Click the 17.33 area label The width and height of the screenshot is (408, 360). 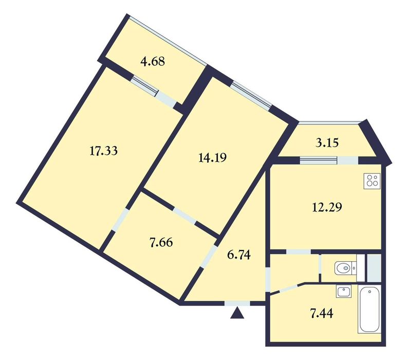(x=103, y=151)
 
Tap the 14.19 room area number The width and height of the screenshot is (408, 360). (x=212, y=157)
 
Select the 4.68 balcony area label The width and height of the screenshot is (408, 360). (x=153, y=62)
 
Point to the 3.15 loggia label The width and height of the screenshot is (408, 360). (x=327, y=143)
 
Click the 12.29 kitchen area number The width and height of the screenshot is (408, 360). (x=327, y=207)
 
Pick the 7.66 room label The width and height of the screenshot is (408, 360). (x=161, y=243)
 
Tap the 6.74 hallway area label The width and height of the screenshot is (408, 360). (x=239, y=255)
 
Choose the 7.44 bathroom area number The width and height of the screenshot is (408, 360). (x=322, y=313)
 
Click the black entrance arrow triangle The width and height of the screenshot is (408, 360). (x=237, y=313)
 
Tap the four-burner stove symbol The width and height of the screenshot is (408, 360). (x=372, y=180)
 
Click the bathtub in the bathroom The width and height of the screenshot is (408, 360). (x=369, y=309)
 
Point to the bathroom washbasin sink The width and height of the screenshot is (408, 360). (x=344, y=291)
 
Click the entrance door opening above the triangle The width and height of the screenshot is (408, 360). (x=237, y=303)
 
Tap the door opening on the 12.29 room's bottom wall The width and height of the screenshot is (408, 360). (x=299, y=252)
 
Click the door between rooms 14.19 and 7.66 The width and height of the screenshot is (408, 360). (x=185, y=215)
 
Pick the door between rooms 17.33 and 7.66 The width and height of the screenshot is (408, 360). (x=120, y=220)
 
